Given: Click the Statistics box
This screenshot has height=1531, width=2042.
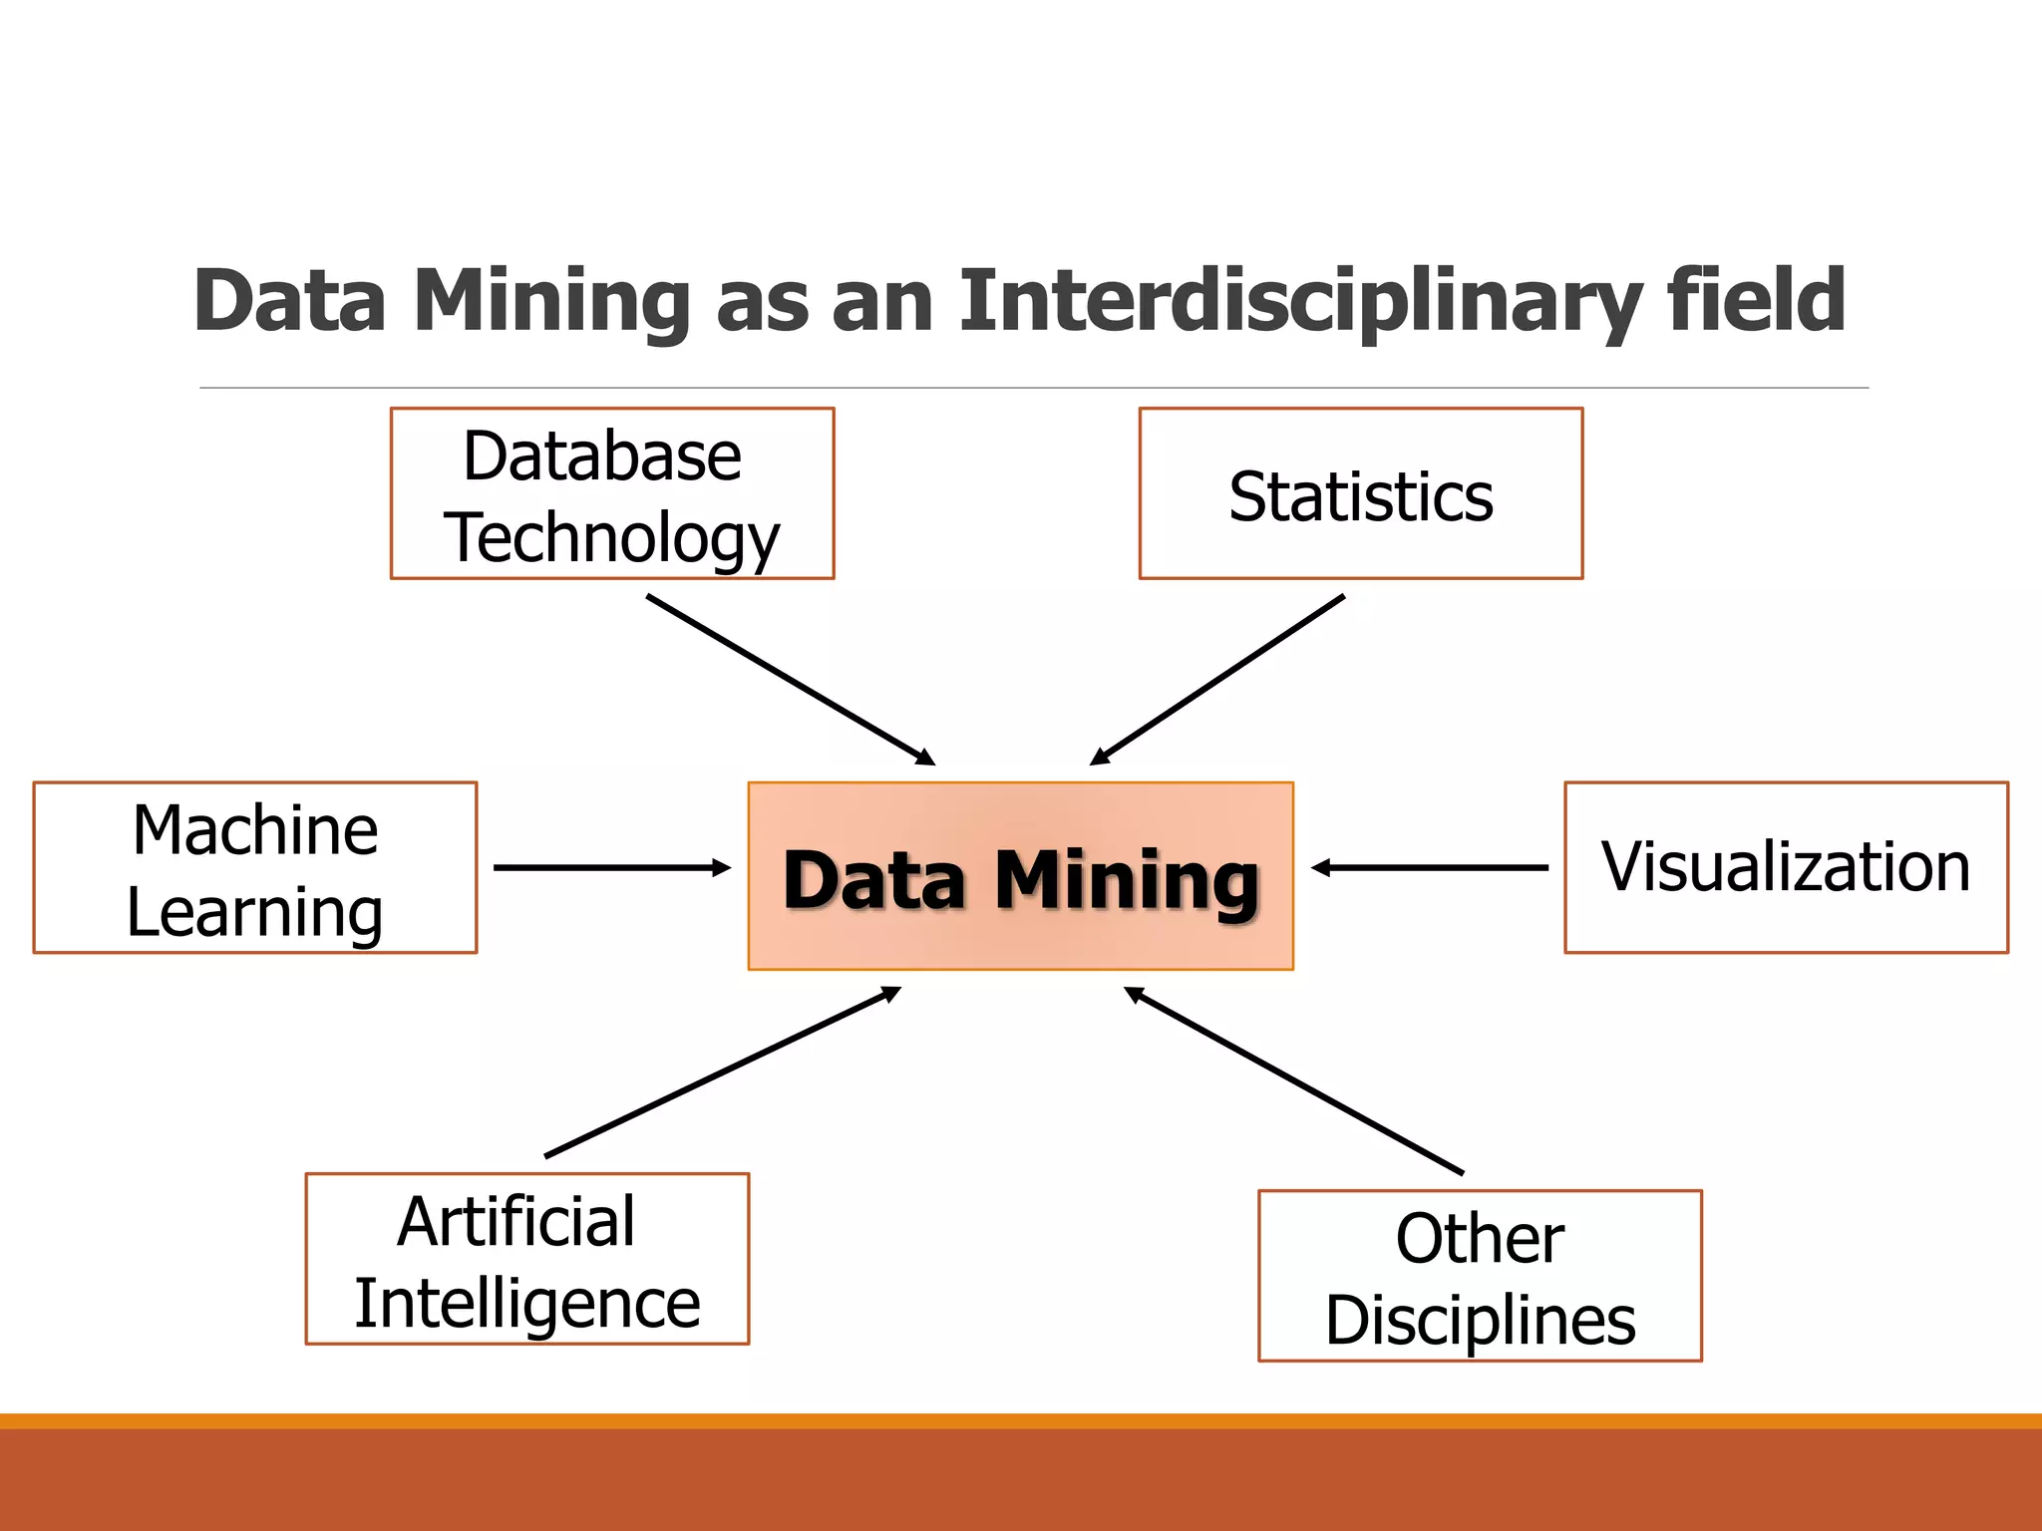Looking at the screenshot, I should tap(1361, 494).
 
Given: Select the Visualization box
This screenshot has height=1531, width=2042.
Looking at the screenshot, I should tap(1786, 867).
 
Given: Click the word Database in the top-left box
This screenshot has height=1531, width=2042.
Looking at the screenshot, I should tap(602, 457).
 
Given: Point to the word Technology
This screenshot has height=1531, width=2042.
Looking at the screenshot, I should tap(611, 538).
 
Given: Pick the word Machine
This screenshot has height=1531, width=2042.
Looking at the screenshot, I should tap(255, 830).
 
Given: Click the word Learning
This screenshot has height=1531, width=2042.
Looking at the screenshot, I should tap(255, 913).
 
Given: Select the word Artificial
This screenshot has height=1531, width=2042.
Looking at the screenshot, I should tap(516, 1222).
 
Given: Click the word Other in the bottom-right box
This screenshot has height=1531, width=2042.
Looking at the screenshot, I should tap(1480, 1239).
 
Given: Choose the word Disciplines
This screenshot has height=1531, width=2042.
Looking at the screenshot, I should tap(1480, 1322).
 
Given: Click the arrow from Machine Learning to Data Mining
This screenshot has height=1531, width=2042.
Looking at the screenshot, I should tap(610, 868).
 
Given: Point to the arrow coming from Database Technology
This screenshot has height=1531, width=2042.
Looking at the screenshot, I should tap(790, 680).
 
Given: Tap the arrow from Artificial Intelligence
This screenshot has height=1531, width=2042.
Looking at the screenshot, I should tap(723, 1072).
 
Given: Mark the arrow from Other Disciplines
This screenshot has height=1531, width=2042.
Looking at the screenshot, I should tap(1294, 1080).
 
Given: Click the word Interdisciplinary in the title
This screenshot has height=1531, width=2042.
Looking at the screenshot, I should tap(1300, 301).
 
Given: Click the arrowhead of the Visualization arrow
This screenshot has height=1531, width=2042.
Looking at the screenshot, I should tap(1322, 868).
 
